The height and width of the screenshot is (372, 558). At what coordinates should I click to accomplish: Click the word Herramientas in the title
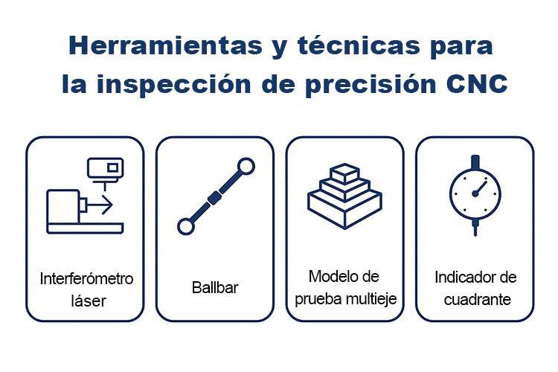[165, 45]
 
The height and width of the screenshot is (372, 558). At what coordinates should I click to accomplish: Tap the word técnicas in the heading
[359, 45]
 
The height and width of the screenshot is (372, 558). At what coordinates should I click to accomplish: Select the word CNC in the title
[477, 84]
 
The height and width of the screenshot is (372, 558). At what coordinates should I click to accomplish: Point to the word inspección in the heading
[174, 85]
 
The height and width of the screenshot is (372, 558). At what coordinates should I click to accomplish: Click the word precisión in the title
[371, 85]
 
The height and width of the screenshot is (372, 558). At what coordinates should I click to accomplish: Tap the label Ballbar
[215, 288]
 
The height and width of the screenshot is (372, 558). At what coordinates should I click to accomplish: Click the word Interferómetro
[86, 279]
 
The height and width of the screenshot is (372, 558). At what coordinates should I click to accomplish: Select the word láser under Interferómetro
[89, 301]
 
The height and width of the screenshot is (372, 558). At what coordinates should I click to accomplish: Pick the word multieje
[371, 299]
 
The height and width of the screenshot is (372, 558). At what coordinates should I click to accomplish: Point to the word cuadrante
[478, 300]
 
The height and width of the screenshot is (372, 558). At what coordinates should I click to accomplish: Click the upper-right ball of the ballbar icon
[246, 167]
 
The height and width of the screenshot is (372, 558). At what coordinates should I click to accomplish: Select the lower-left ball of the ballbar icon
[186, 226]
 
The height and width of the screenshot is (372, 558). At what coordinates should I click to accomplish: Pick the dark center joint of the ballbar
[214, 198]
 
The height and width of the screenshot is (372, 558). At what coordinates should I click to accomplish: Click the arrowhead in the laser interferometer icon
[108, 205]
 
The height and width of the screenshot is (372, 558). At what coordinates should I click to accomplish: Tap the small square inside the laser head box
[113, 167]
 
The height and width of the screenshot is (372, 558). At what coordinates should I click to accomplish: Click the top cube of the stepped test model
[344, 173]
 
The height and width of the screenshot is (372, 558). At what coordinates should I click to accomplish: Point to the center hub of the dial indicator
[475, 193]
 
